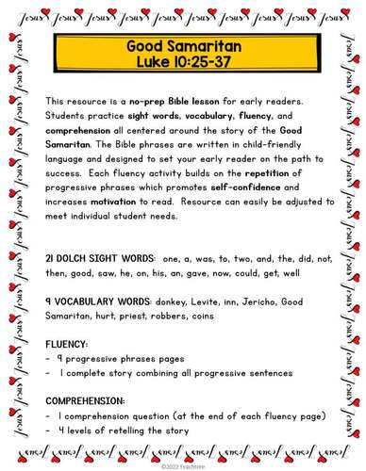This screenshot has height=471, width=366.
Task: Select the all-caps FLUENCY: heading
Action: (66, 343)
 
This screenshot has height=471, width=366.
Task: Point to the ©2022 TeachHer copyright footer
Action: (183, 464)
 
